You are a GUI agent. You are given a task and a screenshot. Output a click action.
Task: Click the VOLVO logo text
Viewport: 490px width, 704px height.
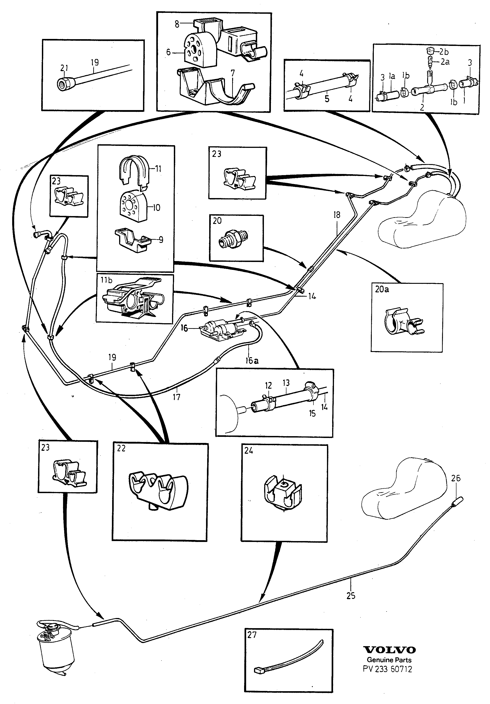(389, 650)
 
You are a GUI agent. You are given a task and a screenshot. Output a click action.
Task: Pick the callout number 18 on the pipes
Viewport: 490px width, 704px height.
(337, 215)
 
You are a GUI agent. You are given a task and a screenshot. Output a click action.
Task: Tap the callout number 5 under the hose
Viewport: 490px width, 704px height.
(327, 99)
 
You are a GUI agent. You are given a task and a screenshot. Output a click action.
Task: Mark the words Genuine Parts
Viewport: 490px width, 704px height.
(389, 660)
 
